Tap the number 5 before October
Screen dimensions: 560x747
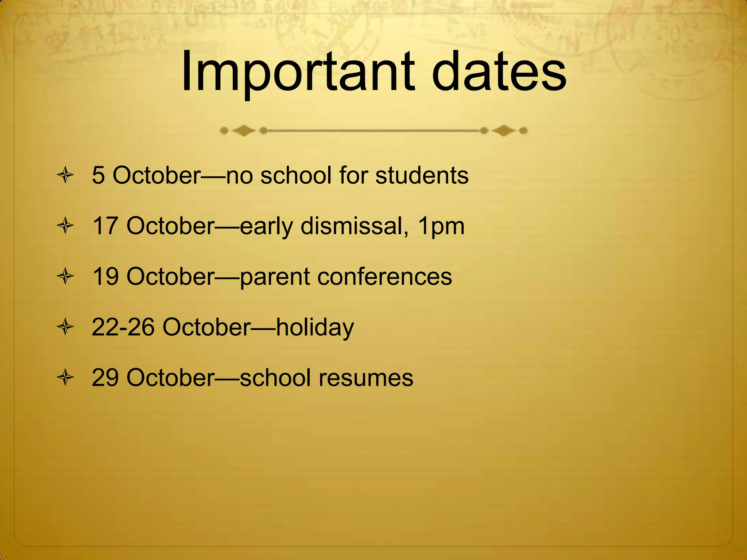pyautogui.click(x=98, y=175)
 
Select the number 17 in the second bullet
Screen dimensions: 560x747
pyautogui.click(x=105, y=226)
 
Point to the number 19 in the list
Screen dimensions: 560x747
pyautogui.click(x=105, y=276)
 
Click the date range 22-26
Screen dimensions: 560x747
pyautogui.click(x=123, y=327)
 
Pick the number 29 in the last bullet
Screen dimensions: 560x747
pyautogui.click(x=105, y=377)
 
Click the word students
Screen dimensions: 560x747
pyautogui.click(x=422, y=175)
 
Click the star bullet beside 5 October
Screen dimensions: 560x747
pyautogui.click(x=66, y=176)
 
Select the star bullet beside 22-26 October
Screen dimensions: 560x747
pyautogui.click(x=66, y=327)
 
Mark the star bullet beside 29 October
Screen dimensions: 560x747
pyautogui.click(x=66, y=378)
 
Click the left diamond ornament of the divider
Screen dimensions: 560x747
pyautogui.click(x=244, y=131)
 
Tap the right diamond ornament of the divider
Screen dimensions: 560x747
pyautogui.click(x=504, y=131)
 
